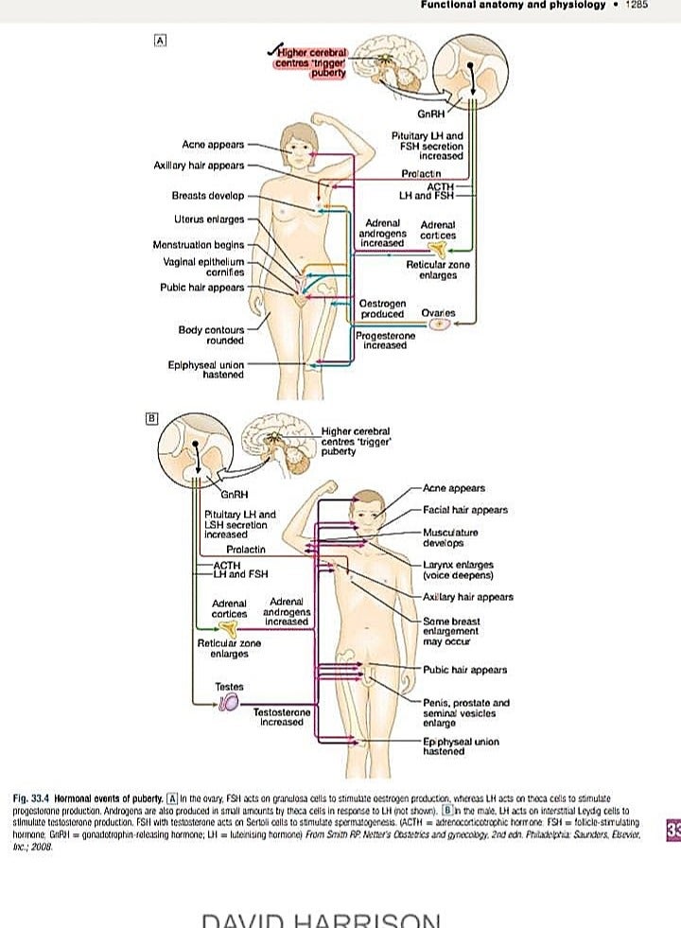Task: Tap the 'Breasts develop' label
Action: point(209,196)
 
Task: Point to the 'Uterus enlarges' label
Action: point(209,219)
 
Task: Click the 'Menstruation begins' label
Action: point(199,245)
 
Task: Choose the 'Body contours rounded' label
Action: point(211,335)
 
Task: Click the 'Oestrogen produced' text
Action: point(382,308)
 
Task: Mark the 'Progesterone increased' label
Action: point(385,341)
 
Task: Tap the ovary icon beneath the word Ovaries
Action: point(440,324)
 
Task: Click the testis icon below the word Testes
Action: point(229,701)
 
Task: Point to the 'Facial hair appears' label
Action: point(465,510)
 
